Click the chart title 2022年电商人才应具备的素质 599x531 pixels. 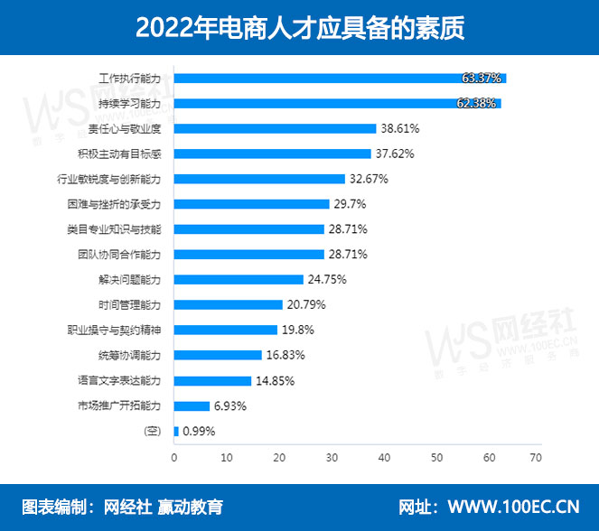coord(299,27)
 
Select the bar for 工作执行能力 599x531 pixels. coord(340,79)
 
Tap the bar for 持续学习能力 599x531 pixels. coord(337,104)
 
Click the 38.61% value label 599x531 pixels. coord(400,129)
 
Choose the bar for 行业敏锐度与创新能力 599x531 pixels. coord(259,179)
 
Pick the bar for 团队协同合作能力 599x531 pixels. coord(248,255)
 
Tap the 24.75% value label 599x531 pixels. coord(328,280)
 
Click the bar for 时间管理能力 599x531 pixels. coord(228,304)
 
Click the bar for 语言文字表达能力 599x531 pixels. coord(212,380)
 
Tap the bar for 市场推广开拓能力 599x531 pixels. coord(192,405)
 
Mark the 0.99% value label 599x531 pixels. coord(199,431)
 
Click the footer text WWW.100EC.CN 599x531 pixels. coord(513,506)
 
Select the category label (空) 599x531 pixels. coord(153,431)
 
